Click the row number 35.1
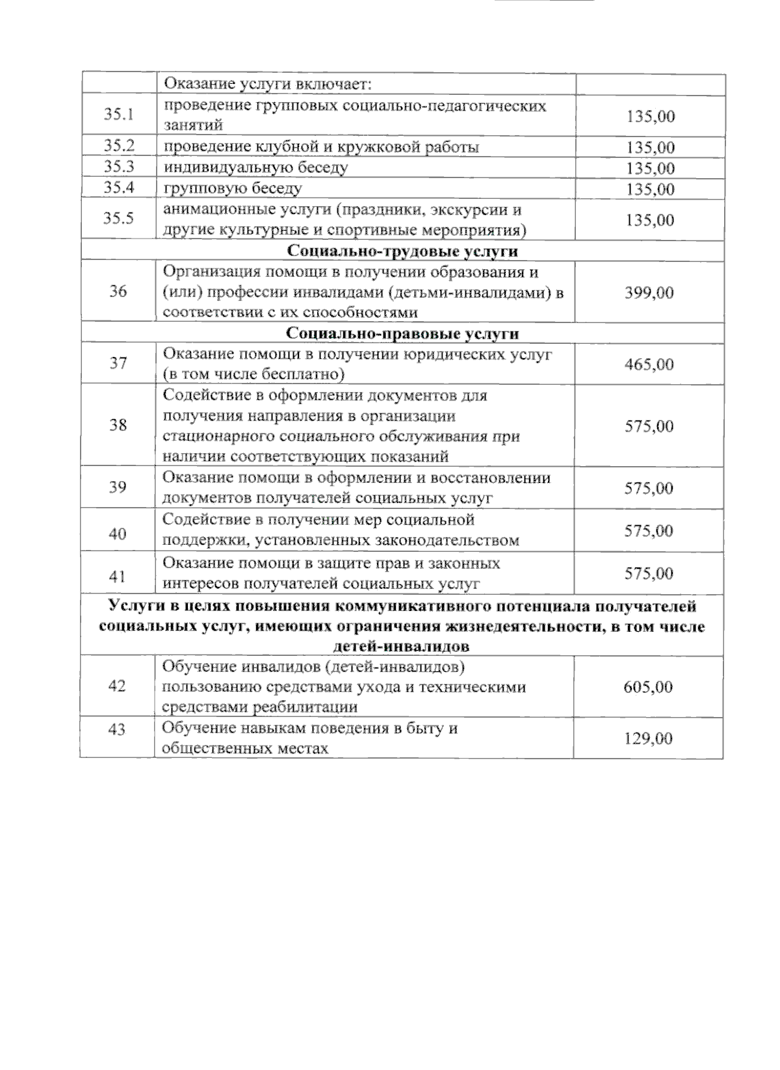[118, 115]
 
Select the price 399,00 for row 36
[649, 293]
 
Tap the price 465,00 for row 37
[649, 364]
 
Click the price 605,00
[648, 687]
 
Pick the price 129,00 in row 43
[648, 739]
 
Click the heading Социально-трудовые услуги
[402, 252]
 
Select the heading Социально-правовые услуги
[402, 333]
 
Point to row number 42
[117, 686]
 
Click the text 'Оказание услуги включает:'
[266, 85]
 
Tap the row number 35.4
[118, 188]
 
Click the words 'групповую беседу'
[233, 189]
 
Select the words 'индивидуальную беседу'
[255, 168]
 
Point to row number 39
[117, 487]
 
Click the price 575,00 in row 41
[649, 573]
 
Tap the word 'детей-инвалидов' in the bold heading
[401, 647]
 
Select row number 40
[117, 534]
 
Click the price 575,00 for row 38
[649, 426]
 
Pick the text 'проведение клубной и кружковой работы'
[321, 147]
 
